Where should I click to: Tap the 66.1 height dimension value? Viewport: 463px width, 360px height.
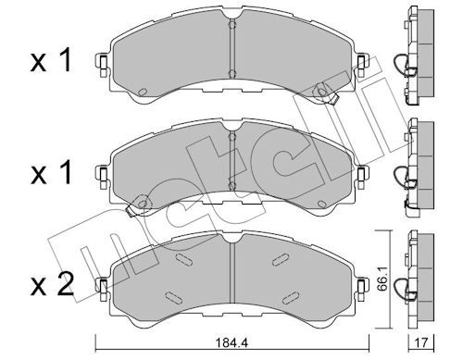coord(382,282)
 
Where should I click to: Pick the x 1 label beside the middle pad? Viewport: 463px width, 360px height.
coord(51,172)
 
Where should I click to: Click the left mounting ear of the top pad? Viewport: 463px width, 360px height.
coord(103,66)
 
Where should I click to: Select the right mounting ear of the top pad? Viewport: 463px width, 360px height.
coord(362,66)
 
